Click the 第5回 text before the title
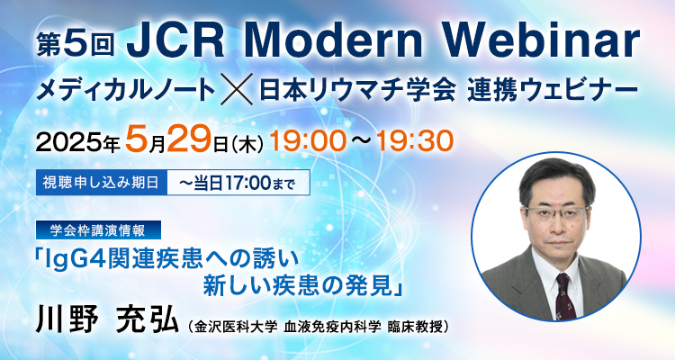76,44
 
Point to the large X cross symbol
237,90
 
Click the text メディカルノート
126,90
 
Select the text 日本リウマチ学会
357,90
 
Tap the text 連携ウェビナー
553,90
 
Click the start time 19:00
308,140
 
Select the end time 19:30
415,140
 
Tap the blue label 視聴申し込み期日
102,183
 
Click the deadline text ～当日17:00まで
238,184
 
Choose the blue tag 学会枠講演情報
98,230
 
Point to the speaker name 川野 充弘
108,319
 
